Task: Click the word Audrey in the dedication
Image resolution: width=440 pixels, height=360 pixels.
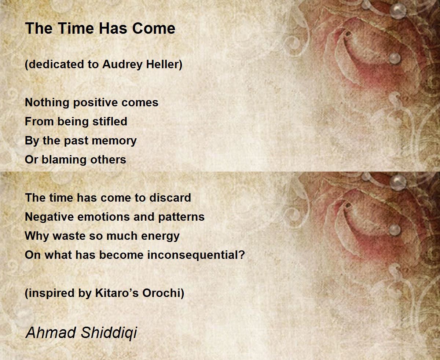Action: [122, 65]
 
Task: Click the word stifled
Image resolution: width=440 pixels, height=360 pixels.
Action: [110, 121]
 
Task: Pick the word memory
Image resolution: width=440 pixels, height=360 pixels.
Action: [114, 141]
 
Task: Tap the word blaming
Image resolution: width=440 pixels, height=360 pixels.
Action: [64, 160]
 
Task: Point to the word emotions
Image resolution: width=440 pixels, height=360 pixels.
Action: [104, 217]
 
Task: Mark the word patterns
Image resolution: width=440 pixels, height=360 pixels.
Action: [181, 217]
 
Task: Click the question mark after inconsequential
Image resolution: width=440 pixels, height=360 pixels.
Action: [241, 255]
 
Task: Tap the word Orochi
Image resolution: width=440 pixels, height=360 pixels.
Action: [161, 293]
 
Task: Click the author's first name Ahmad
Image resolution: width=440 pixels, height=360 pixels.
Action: [51, 333]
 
